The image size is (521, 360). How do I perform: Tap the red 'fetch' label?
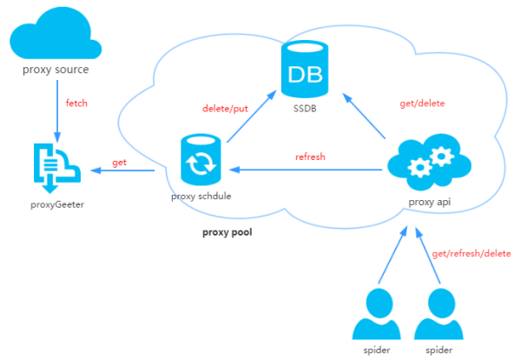(x=77, y=103)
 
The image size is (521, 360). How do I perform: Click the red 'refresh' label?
(x=310, y=157)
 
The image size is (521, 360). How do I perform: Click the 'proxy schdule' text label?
(x=201, y=197)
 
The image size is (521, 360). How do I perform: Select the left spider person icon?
(x=376, y=316)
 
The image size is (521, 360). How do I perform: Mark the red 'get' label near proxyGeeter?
(x=120, y=163)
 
